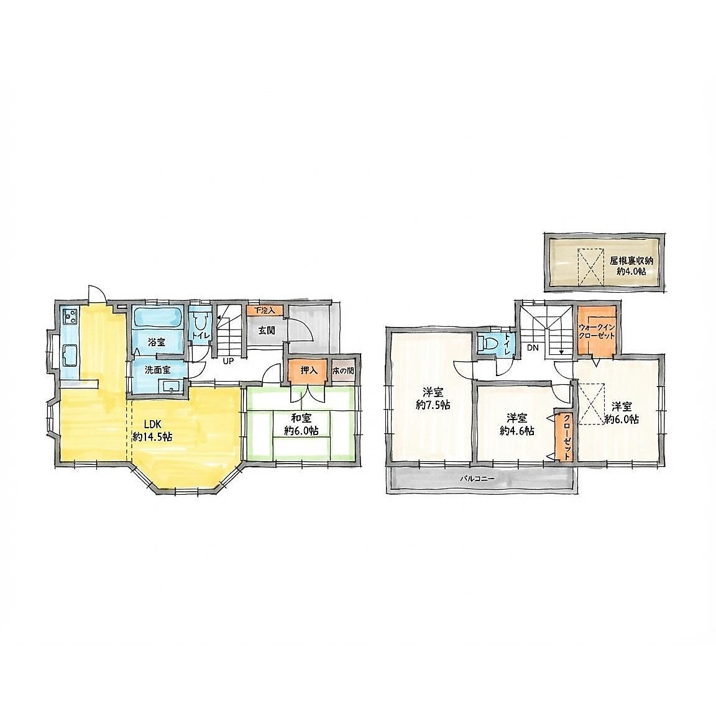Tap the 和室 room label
pos(301,418)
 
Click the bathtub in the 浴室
pos(158,317)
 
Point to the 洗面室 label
pos(157,370)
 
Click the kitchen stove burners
pos(71,315)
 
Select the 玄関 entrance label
pos(267,330)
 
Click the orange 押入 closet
pos(308,369)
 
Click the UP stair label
pos(228,360)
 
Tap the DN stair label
pos(533,348)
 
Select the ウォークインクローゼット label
pos(597,331)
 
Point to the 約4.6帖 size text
pos(517,431)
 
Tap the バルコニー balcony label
pos(475,479)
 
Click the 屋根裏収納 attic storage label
pos(631,262)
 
